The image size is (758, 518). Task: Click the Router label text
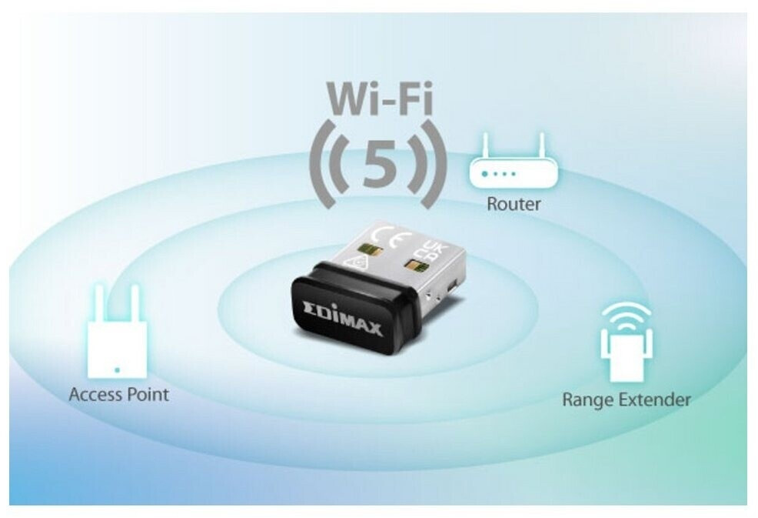[x=514, y=204]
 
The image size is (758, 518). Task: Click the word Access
[x=96, y=395]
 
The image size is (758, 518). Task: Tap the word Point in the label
[x=148, y=395]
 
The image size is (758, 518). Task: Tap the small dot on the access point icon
[x=117, y=370]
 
